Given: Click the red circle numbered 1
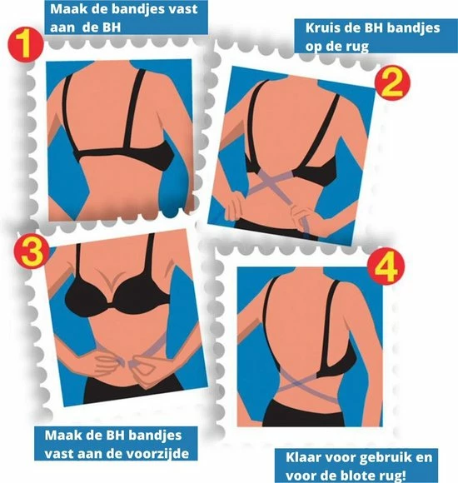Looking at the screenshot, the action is (x=26, y=45).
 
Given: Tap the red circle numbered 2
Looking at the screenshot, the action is (x=392, y=83).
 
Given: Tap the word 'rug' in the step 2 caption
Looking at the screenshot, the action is (x=358, y=47).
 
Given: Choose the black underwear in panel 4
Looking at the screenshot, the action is (x=303, y=413).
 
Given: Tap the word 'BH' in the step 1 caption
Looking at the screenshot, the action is (x=111, y=27).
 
